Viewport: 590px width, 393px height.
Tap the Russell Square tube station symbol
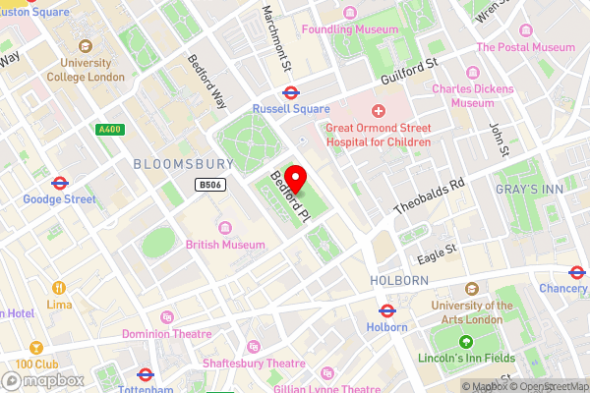[x=291, y=94]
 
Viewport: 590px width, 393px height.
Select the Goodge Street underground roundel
[x=59, y=182]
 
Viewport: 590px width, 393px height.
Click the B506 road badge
[x=207, y=184]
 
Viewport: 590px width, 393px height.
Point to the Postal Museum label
[x=525, y=47]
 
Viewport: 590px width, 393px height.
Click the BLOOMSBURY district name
[x=184, y=163]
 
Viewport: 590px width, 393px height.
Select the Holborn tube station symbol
[x=387, y=309]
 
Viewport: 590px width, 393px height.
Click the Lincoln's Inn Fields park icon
[x=466, y=342]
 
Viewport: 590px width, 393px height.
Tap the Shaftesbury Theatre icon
[x=256, y=346]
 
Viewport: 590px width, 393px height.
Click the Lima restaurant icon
[x=59, y=288]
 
